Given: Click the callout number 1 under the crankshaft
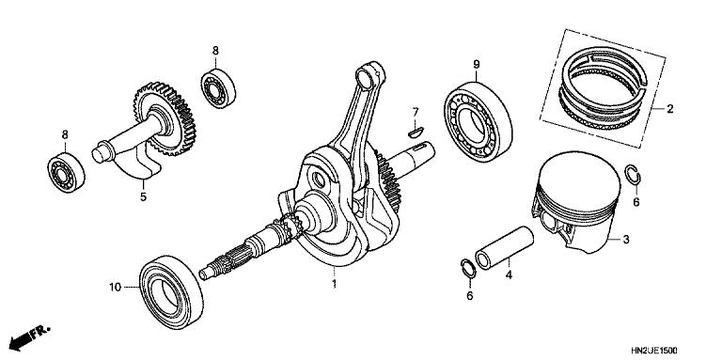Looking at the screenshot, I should click(x=333, y=281).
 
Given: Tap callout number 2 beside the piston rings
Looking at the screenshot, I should click(x=669, y=109).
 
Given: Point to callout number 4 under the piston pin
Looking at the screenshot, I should click(x=508, y=276).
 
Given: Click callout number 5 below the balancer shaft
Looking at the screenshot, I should click(x=143, y=197).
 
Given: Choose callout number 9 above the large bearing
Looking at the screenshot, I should click(x=477, y=64).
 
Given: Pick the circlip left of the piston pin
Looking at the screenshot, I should click(x=465, y=268).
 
